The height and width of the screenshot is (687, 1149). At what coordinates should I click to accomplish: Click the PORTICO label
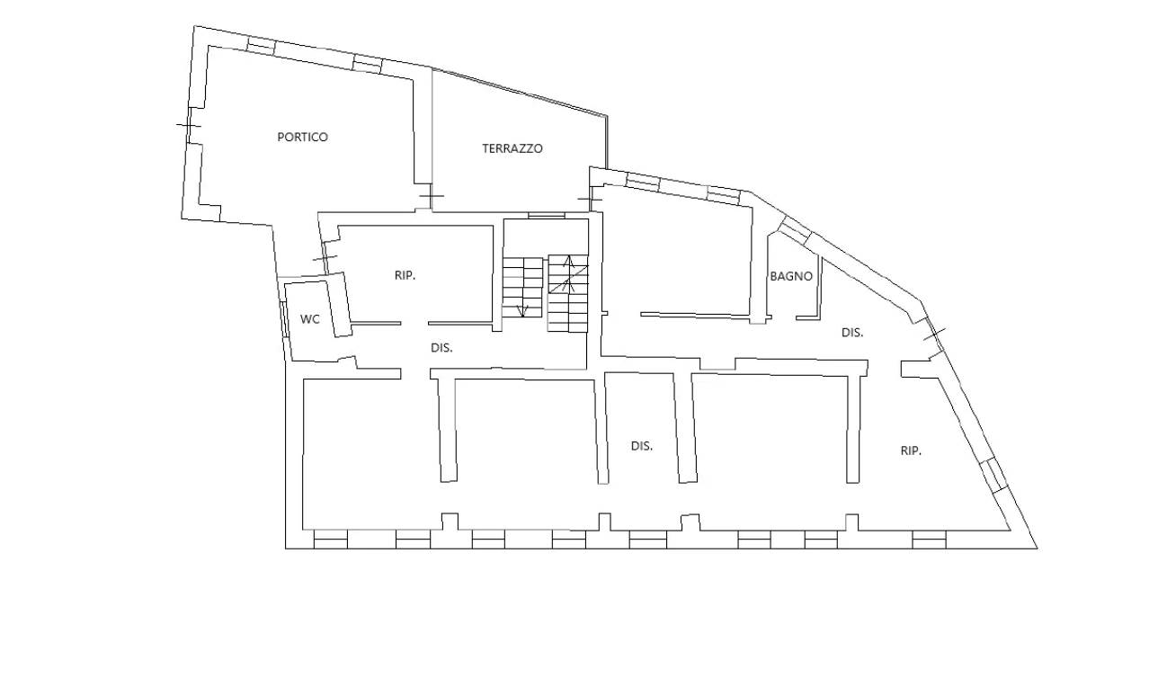(x=302, y=137)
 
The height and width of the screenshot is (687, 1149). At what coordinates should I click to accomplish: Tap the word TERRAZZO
(x=512, y=148)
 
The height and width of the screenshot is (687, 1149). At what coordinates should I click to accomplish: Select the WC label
(x=310, y=319)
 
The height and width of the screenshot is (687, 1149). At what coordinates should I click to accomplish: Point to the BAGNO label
(x=791, y=276)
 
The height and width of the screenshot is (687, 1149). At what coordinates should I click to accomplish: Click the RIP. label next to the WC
(x=405, y=275)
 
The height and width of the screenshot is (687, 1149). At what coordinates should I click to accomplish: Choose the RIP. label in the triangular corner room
(x=911, y=451)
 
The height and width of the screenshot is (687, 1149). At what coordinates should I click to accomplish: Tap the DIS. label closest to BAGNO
(x=852, y=333)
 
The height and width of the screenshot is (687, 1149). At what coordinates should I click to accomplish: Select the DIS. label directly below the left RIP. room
(x=441, y=348)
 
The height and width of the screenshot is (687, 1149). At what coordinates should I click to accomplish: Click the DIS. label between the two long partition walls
(x=642, y=446)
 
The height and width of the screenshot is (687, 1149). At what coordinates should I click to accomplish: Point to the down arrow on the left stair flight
(x=522, y=310)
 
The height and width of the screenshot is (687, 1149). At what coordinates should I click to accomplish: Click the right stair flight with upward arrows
(x=568, y=293)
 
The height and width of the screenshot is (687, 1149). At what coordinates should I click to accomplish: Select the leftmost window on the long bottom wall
(x=330, y=540)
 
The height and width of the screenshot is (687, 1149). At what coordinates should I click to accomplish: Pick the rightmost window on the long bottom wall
(x=929, y=540)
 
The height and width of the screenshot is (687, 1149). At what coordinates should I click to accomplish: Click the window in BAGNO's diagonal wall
(x=795, y=230)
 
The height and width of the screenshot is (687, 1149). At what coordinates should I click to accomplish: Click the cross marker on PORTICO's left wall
(x=188, y=125)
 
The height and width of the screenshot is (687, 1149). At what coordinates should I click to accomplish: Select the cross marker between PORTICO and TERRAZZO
(x=432, y=195)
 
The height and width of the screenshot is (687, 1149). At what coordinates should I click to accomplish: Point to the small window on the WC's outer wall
(x=283, y=319)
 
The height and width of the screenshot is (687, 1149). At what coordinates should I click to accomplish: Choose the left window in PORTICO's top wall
(x=261, y=46)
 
